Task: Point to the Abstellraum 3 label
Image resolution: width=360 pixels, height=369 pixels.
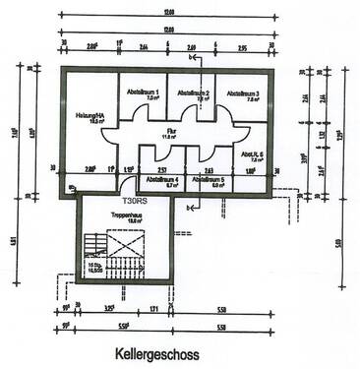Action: (242, 93)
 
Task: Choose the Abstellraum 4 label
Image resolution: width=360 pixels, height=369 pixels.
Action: (162, 180)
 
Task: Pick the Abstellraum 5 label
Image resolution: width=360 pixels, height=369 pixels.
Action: (209, 180)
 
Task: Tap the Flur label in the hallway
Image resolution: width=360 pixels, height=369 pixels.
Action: (169, 136)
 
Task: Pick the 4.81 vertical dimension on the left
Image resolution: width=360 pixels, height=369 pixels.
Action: (15, 237)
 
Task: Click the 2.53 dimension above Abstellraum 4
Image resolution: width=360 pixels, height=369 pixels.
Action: (162, 169)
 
